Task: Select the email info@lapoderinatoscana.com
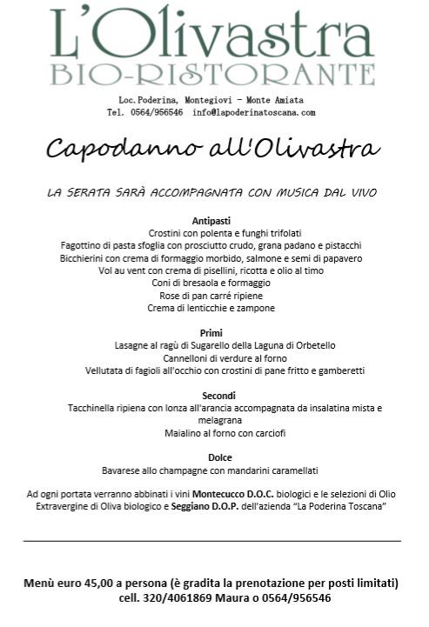pyautogui.click(x=254, y=112)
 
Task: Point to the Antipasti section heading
pyautogui.click(x=211, y=221)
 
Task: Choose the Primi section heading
pyautogui.click(x=211, y=333)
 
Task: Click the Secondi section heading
pyautogui.click(x=211, y=396)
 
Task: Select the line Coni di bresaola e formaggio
pyautogui.click(x=211, y=283)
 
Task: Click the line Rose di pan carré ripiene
pyautogui.click(x=211, y=296)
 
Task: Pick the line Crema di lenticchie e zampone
pyautogui.click(x=211, y=308)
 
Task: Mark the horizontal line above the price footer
pyautogui.click(x=211, y=541)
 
